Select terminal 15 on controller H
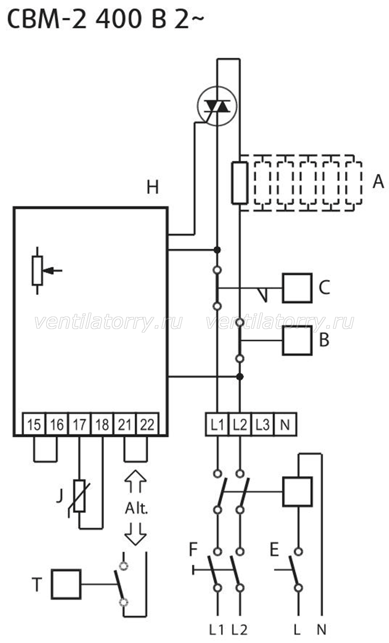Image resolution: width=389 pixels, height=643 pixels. coord(34,424)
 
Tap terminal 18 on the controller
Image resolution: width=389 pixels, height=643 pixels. coord(102,424)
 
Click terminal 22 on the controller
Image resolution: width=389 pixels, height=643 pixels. coord(147,424)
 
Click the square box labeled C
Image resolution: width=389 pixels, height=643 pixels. coord(297,288)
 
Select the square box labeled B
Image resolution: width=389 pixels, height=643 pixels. coord(297,340)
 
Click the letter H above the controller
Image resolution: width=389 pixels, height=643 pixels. coord(153,187)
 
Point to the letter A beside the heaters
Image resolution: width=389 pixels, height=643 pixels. coord(378,181)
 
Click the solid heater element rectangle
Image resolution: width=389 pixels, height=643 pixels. coord(240,183)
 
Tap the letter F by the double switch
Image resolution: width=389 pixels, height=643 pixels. coord(194,549)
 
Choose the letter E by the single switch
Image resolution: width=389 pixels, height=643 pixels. coord(274,549)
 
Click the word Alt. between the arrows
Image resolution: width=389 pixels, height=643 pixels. coord(137,509)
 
